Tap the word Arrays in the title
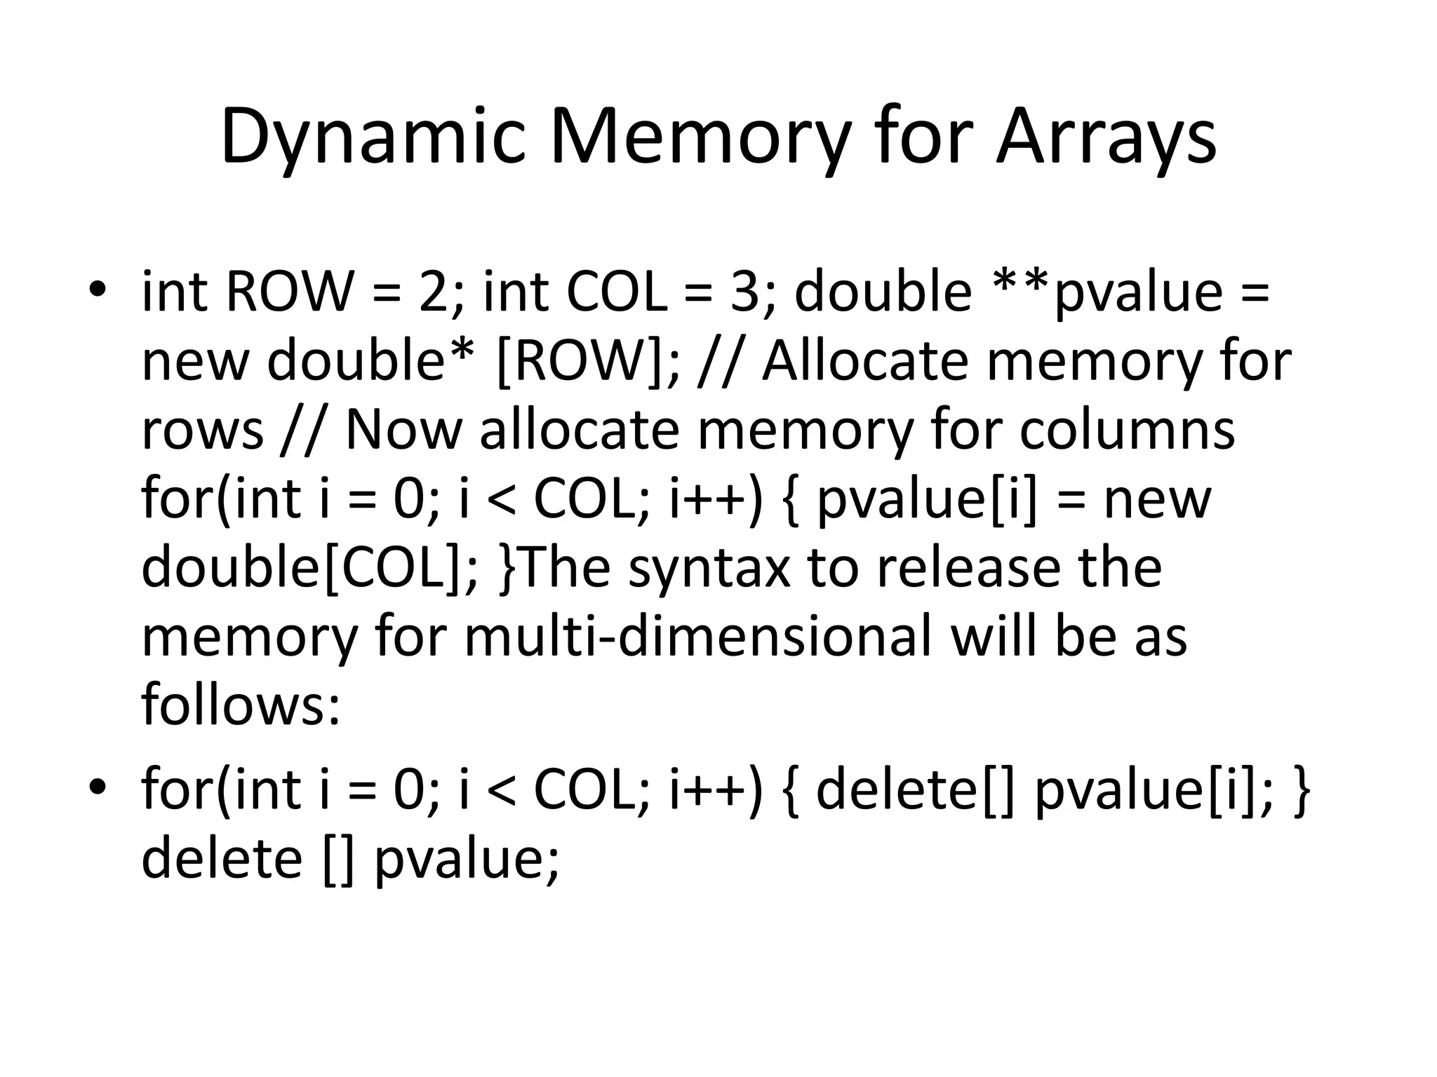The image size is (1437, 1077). click(1106, 137)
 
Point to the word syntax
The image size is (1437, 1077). click(709, 567)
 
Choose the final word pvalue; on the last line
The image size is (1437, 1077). click(467, 859)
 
